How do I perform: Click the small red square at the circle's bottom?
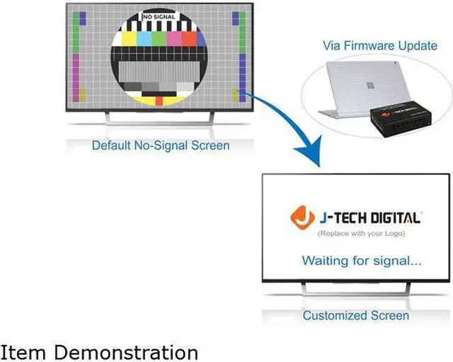coord(159,101)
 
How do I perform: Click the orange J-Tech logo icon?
coord(304,217)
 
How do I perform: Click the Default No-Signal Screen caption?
coord(161,146)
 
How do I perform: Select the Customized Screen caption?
coord(355,315)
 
